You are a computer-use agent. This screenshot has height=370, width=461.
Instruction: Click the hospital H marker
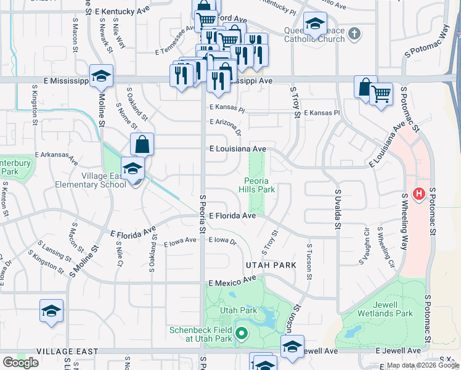419,195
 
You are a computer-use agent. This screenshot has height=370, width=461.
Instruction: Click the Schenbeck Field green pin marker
242,335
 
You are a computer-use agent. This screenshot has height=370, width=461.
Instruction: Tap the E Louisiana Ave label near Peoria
237,149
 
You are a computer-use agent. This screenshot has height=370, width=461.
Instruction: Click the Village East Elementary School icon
133,168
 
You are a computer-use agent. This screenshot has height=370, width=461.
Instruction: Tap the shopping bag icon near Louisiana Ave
142,144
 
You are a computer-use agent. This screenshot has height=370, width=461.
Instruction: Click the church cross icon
354,33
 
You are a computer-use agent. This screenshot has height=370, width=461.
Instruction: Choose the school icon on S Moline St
101,76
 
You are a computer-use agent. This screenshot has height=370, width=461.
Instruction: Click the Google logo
20,363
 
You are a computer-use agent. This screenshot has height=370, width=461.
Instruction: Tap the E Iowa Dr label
222,240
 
